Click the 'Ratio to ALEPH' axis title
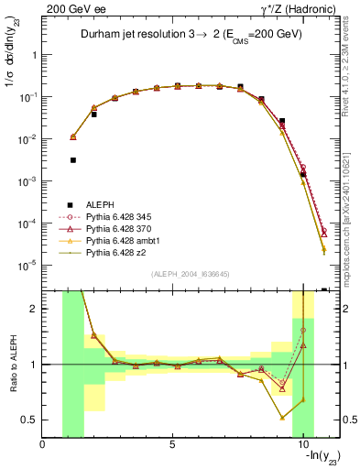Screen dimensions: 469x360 pyautogui.click(x=12, y=364)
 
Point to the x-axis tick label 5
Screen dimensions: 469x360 pyautogui.click(x=172, y=445)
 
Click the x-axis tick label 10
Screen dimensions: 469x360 pyautogui.click(x=302, y=445)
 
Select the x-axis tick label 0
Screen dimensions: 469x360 pyautogui.click(x=43, y=445)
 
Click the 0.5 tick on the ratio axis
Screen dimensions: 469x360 pyautogui.click(x=29, y=420)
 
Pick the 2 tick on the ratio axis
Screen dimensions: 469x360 pyautogui.click(x=33, y=309)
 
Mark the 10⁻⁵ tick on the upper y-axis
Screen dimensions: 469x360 pyautogui.click(x=27, y=266)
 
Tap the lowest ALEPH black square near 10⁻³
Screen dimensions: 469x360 pyautogui.click(x=303, y=174)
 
